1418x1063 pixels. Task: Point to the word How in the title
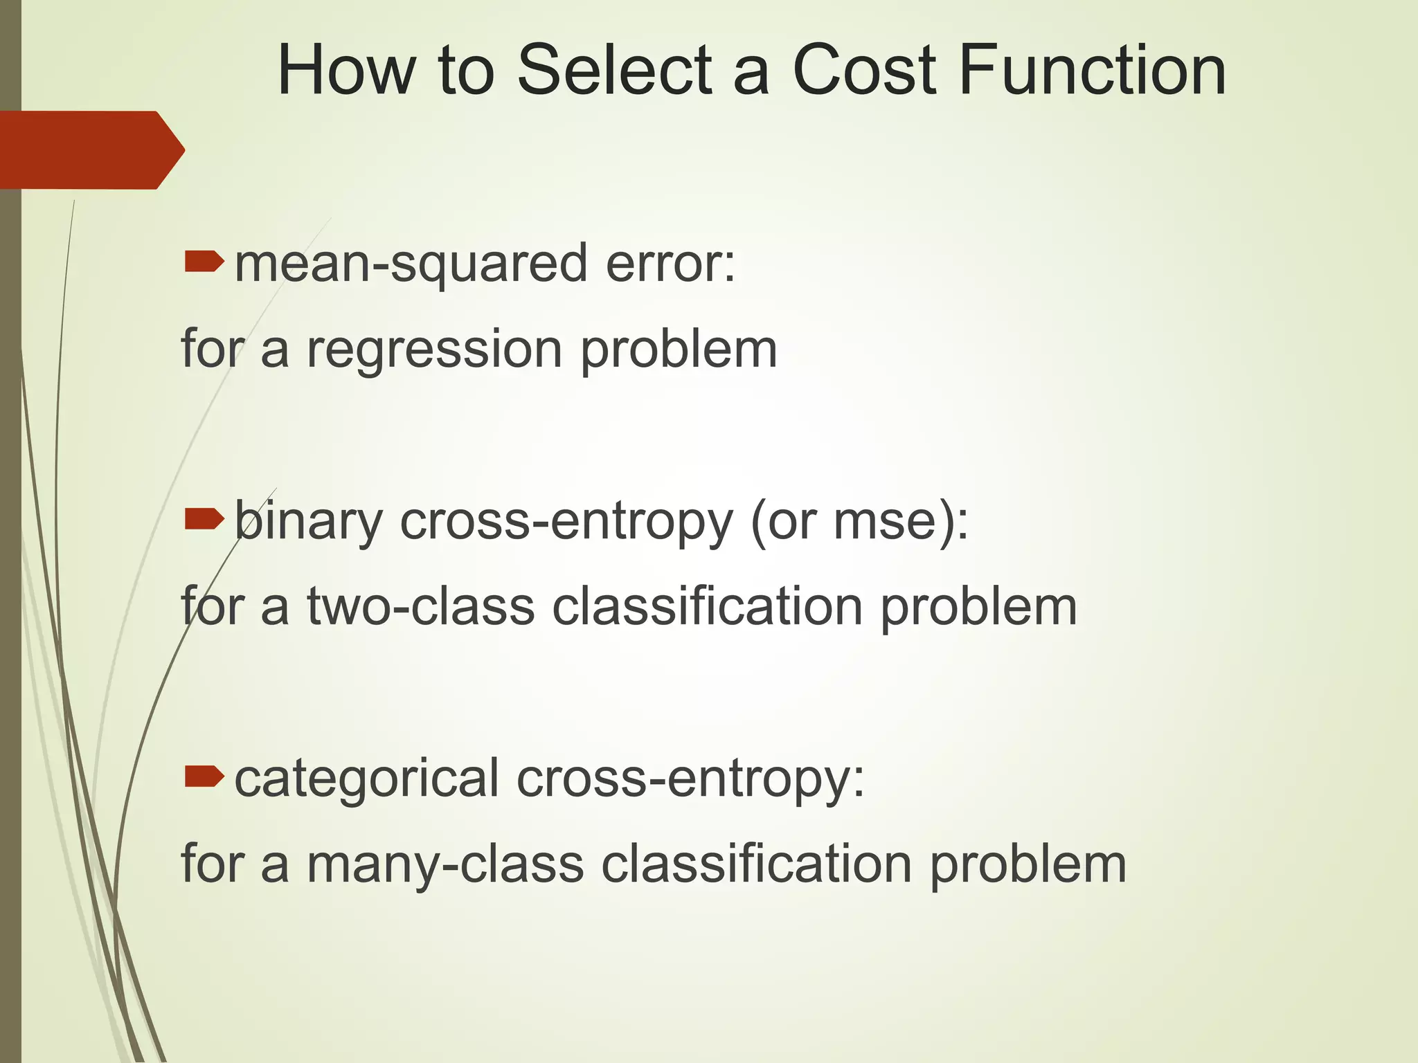(346, 71)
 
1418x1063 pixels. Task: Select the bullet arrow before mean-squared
(204, 262)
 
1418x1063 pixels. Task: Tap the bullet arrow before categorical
(204, 776)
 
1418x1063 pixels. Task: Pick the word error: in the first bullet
(670, 264)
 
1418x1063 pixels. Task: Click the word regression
(434, 350)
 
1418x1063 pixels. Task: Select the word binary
(308, 523)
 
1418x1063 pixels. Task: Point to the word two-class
(421, 606)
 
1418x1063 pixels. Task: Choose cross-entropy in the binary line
(566, 523)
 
